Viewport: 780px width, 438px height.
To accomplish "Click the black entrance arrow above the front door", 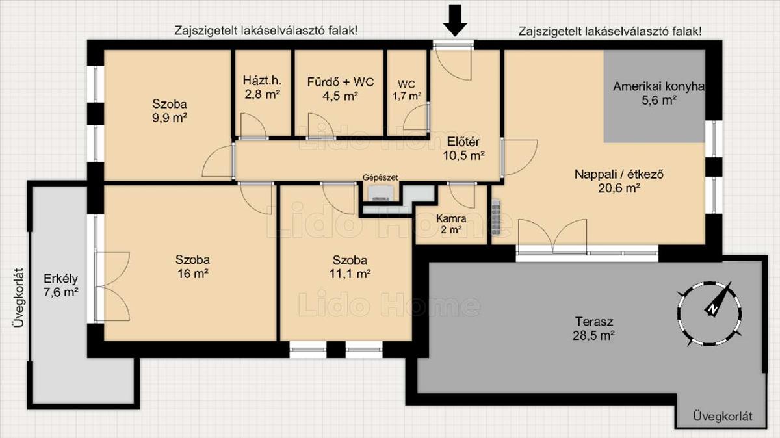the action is [x=455, y=20].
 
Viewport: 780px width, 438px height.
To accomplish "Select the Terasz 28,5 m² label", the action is [x=593, y=328].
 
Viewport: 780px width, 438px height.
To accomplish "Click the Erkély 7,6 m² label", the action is [x=60, y=285].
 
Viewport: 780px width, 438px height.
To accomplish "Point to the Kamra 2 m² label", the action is [x=451, y=224].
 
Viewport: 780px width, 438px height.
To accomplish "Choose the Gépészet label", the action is [x=380, y=177].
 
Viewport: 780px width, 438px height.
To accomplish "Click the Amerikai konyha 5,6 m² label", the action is [x=659, y=94].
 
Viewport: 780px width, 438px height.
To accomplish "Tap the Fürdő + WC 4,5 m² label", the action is [x=340, y=89].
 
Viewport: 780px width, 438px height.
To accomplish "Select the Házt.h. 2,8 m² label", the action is [x=262, y=87].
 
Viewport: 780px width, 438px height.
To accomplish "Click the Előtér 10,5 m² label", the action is [x=463, y=149].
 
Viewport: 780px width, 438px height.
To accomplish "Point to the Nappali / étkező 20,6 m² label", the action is [x=619, y=181].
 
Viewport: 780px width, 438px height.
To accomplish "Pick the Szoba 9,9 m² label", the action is [x=170, y=110].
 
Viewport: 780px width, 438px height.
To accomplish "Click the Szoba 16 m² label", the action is [x=192, y=266].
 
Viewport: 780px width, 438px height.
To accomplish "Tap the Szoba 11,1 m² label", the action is [x=350, y=267].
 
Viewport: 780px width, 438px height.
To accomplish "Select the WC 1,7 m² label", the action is [x=407, y=90].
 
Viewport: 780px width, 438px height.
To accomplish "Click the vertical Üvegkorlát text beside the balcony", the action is [x=18, y=298].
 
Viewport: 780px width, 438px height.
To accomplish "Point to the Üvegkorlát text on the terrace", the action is [x=723, y=417].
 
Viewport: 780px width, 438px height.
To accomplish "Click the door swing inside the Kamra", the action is [x=461, y=196].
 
